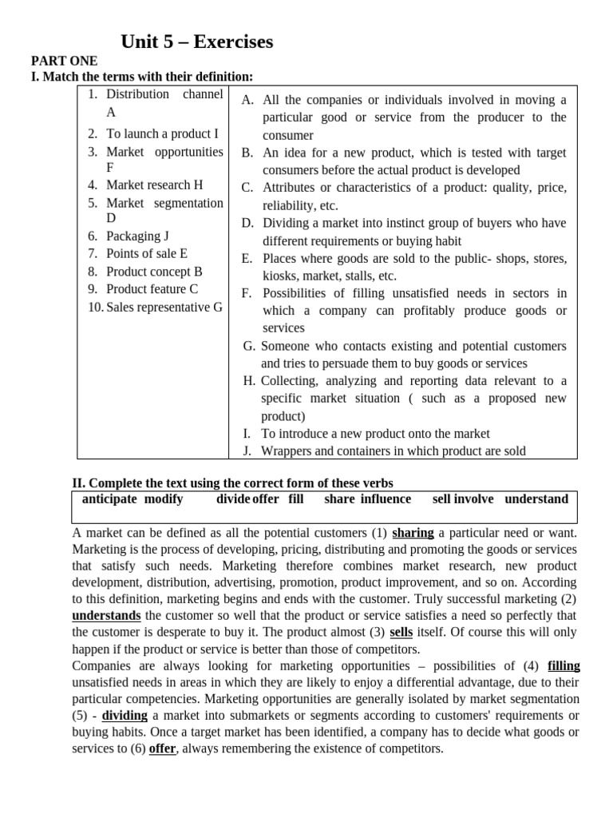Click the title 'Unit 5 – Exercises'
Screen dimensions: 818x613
pos(196,42)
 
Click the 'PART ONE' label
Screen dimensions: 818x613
pos(64,61)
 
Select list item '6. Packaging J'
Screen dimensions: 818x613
pos(137,236)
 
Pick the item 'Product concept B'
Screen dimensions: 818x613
pos(154,272)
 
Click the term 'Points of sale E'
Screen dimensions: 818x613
pos(147,253)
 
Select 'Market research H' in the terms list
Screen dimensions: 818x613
pos(154,185)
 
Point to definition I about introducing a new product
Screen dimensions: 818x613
pos(375,434)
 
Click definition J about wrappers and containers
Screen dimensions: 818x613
pos(394,451)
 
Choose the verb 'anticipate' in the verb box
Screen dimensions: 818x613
pos(110,499)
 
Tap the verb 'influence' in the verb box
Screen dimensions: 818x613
pos(386,499)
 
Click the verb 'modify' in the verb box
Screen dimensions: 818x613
pos(164,499)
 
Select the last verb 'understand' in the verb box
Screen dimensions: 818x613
pos(536,499)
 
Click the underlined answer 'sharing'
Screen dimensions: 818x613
pos(413,533)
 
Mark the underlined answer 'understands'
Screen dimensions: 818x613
pos(106,616)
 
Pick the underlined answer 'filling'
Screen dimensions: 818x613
pos(564,666)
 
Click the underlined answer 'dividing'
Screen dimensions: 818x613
pos(125,716)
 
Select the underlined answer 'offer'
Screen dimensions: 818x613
pos(162,749)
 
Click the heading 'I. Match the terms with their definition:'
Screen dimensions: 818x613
pos(141,77)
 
